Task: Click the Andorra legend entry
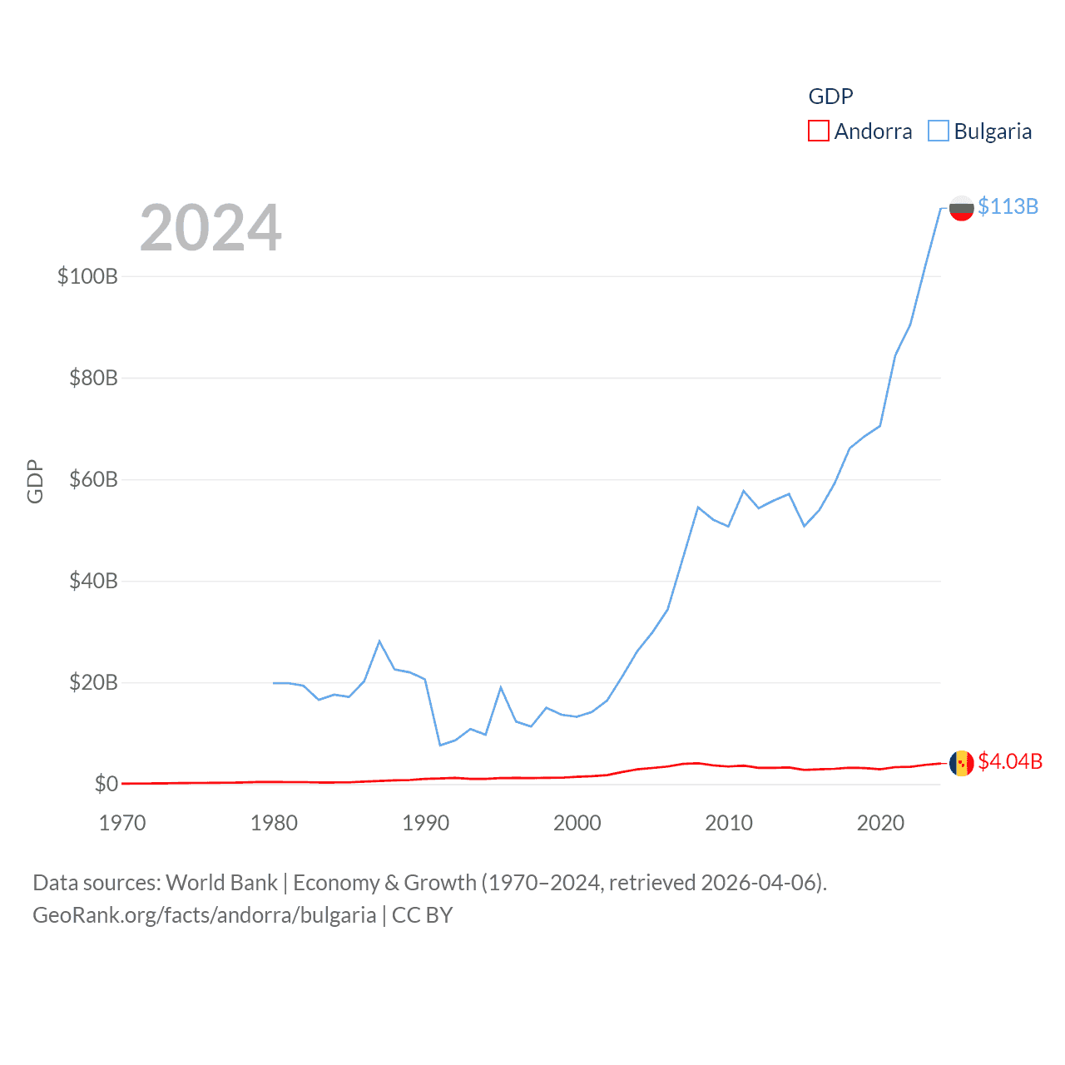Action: [860, 131]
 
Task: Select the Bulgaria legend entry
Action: [980, 131]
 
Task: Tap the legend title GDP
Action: [830, 97]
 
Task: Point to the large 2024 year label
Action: [211, 228]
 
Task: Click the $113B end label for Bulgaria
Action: [1008, 206]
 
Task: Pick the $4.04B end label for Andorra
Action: [1010, 761]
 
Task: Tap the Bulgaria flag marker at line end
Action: [961, 207]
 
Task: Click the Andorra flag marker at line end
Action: [961, 763]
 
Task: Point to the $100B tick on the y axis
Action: [87, 276]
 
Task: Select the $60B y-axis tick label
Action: [93, 479]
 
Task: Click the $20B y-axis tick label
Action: [93, 683]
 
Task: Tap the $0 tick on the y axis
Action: [106, 784]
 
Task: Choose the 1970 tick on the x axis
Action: [122, 823]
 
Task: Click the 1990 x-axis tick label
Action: [425, 823]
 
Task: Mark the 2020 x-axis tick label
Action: [880, 823]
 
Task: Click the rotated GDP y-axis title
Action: [35, 481]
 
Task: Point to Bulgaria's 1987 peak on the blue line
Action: [379, 641]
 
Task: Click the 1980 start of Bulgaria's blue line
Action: [274, 683]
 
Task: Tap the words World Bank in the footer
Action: [221, 882]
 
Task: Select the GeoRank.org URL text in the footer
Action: [204, 915]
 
